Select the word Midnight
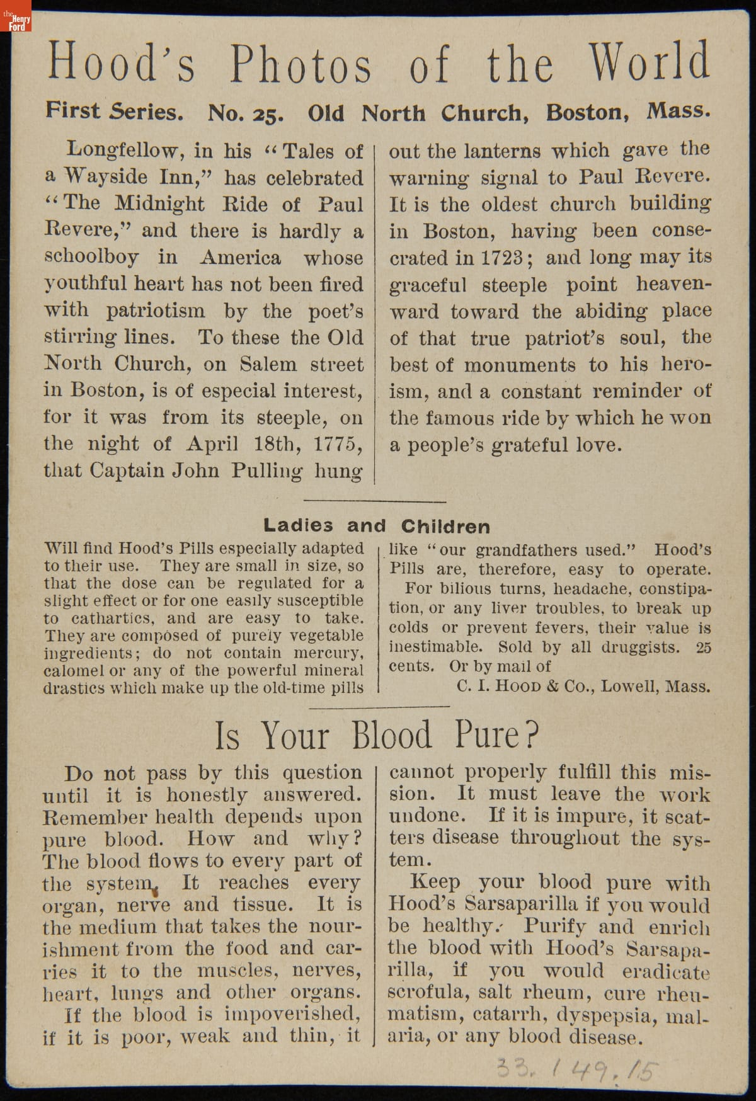160,204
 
